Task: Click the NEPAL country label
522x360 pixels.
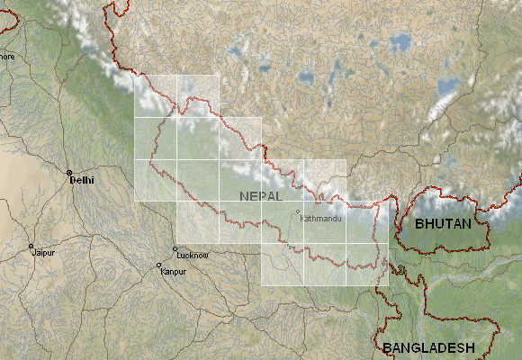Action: click(x=261, y=195)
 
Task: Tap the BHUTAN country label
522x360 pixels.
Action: click(x=443, y=223)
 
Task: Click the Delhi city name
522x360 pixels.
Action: click(x=82, y=180)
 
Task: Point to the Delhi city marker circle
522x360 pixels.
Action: click(x=68, y=171)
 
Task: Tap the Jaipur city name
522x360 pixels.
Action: click(x=43, y=253)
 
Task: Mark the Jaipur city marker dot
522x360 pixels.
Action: click(x=31, y=246)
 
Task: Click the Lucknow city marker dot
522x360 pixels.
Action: click(x=175, y=249)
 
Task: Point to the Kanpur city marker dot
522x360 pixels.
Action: click(x=159, y=265)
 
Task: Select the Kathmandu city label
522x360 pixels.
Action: click(x=321, y=219)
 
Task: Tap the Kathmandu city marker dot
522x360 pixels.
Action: click(x=298, y=212)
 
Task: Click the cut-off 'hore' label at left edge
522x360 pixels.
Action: click(x=7, y=56)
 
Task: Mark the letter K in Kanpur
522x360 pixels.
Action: click(x=164, y=271)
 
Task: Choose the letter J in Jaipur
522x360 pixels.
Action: click(x=34, y=253)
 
